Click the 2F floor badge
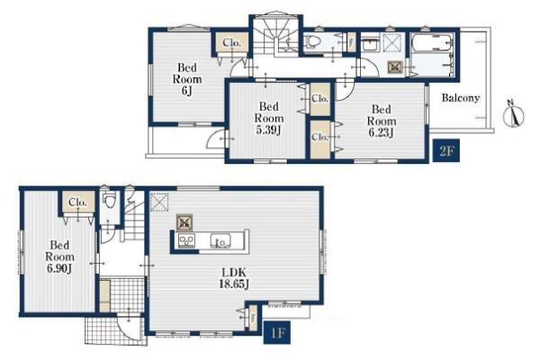point(446,150)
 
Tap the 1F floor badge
point(277,332)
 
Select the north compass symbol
point(514,113)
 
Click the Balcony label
point(461,98)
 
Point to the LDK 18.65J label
point(234,278)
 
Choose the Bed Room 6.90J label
point(59,256)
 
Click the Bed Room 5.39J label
point(269,118)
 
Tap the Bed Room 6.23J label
point(382,121)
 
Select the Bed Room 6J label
point(187,79)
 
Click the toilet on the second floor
point(313,42)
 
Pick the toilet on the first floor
point(110,200)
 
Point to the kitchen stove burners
point(186,240)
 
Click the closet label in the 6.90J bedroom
point(77,202)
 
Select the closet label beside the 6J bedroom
point(232,42)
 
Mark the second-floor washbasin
point(371,45)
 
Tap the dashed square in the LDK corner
point(159,202)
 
